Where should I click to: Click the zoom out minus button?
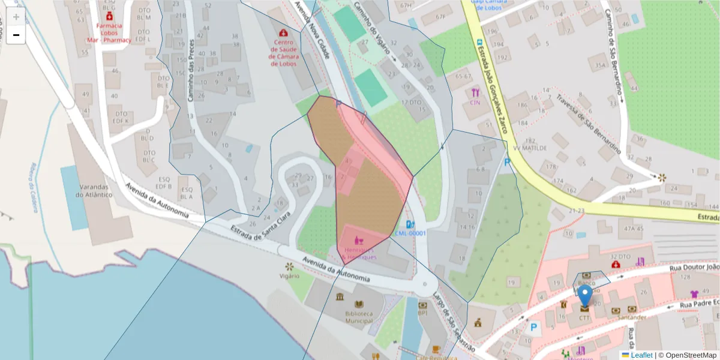point(16,35)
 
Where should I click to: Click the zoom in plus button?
point(16,17)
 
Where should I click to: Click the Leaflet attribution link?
point(641,355)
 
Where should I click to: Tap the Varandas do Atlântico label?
point(94,190)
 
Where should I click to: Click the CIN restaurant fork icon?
point(476,93)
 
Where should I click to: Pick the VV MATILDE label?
point(530,147)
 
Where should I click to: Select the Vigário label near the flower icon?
point(289,276)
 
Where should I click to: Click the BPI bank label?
point(422,313)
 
